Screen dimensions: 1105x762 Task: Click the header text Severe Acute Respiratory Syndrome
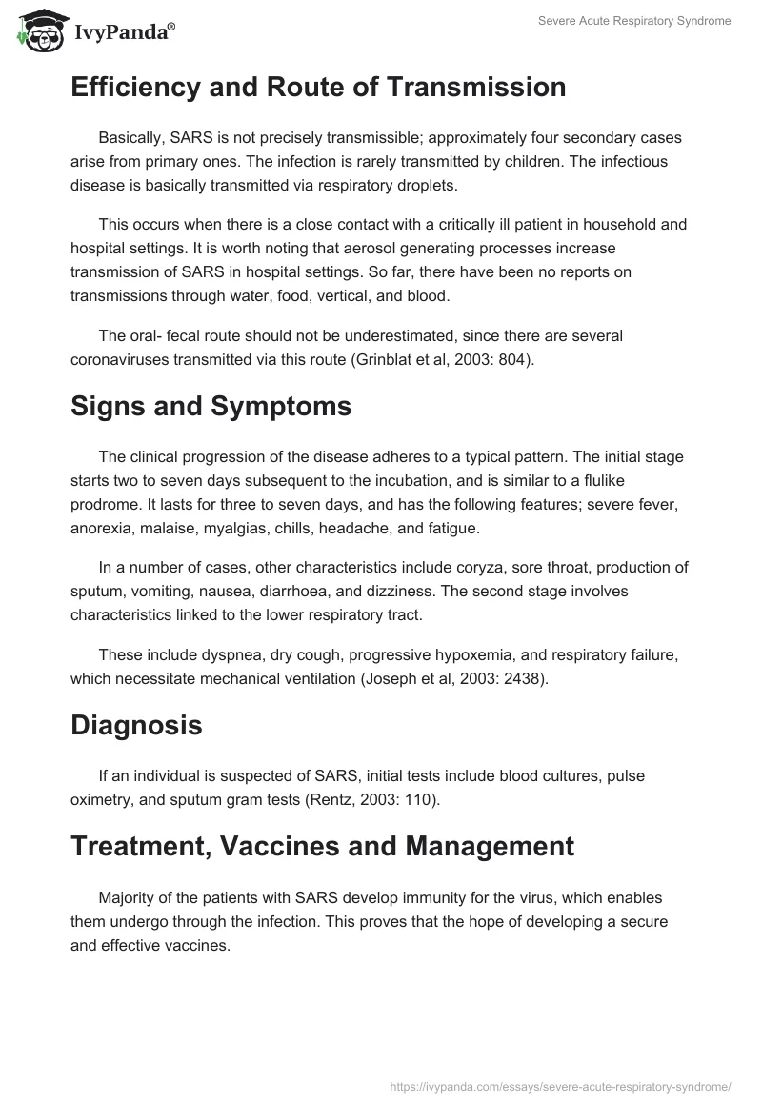[634, 21]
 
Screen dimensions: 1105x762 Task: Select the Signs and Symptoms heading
[211, 407]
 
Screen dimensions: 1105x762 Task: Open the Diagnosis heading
[136, 725]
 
